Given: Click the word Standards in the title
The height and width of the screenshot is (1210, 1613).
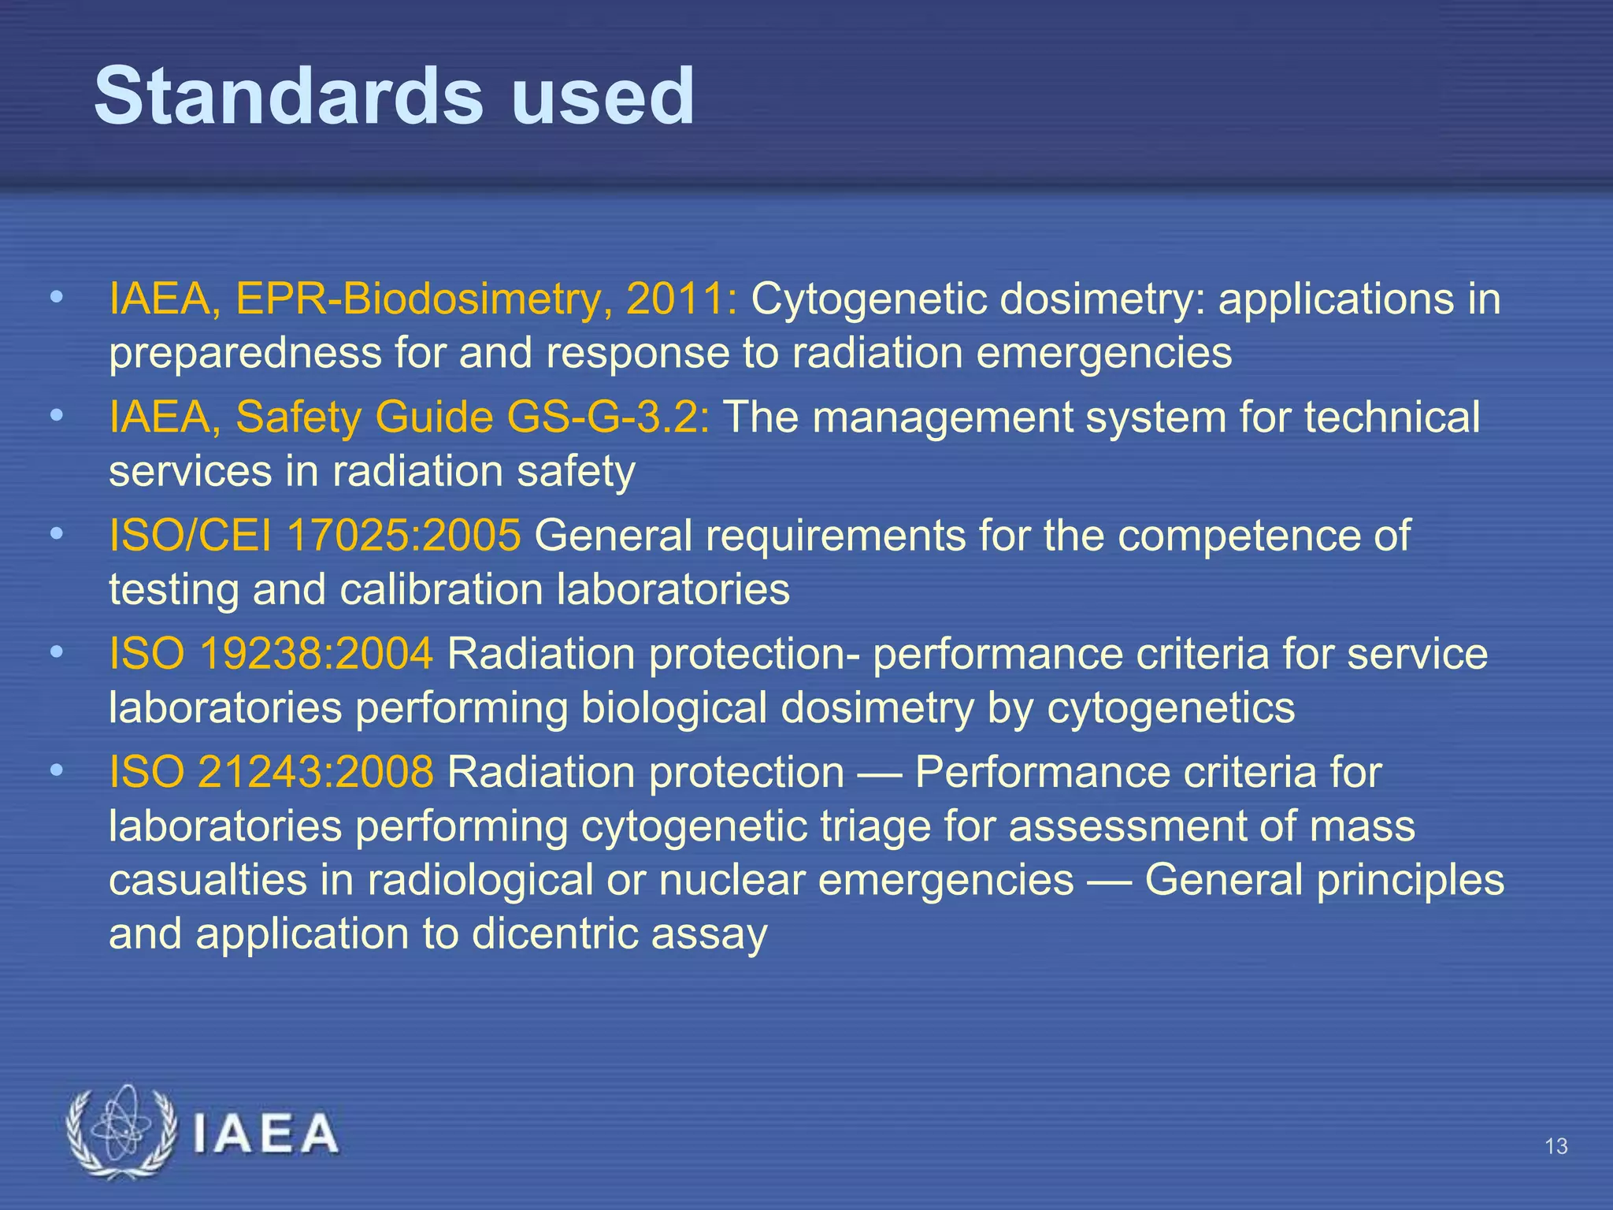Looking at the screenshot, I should point(288,96).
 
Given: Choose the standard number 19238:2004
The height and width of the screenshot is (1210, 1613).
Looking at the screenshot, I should point(316,654).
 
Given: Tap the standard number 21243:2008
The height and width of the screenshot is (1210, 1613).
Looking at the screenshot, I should point(316,772).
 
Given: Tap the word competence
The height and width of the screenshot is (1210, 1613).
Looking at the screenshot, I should point(1233,536).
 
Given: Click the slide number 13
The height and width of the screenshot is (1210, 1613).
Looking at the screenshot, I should point(1556,1146).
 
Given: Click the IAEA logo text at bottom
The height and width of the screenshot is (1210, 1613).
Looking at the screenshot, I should point(265,1134).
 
